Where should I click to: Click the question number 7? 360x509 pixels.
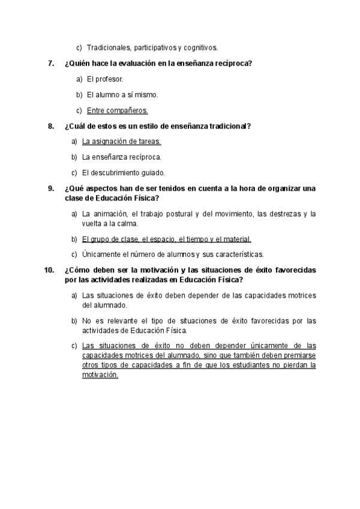click(x=51, y=64)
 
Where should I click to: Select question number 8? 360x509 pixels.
click(x=51, y=126)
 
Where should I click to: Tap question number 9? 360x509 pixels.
click(x=51, y=188)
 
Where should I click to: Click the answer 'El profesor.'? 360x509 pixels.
click(x=105, y=79)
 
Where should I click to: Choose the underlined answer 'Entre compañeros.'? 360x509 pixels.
click(x=117, y=110)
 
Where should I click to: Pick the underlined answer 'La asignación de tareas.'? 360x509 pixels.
click(x=121, y=142)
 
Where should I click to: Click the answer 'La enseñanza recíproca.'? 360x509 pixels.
click(x=121, y=157)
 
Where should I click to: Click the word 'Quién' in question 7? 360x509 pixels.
click(x=77, y=64)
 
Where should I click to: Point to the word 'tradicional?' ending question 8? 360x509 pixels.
click(x=230, y=126)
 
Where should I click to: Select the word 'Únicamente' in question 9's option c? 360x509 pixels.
click(x=101, y=254)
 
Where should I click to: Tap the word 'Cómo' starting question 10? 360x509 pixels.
click(x=77, y=270)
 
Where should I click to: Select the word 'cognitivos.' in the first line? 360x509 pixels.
click(x=200, y=47)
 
